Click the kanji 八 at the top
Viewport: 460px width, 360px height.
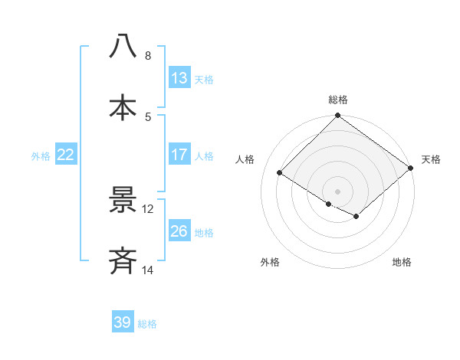(123, 46)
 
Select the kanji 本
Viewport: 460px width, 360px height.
(123, 107)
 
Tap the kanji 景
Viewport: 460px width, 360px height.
(123, 201)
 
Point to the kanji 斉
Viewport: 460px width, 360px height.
(123, 262)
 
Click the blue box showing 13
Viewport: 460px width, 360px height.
(179, 78)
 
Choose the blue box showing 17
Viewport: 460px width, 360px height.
(179, 155)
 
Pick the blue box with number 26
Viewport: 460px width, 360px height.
(179, 231)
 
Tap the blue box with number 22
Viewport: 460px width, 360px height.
(65, 155)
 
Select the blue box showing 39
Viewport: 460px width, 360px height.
(123, 322)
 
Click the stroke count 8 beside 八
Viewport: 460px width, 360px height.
(147, 56)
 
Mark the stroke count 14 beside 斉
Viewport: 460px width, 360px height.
(148, 270)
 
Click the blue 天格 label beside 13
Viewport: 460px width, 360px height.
(204, 79)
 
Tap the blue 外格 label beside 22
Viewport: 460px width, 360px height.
(41, 155)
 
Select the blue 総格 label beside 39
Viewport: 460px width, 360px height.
(148, 323)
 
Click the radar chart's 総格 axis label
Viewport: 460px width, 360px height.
(338, 100)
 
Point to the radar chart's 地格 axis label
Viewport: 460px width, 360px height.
(402, 263)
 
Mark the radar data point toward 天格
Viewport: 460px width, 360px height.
(411, 168)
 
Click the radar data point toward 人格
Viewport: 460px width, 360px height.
(280, 173)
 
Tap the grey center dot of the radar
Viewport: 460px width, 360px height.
(337, 191)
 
